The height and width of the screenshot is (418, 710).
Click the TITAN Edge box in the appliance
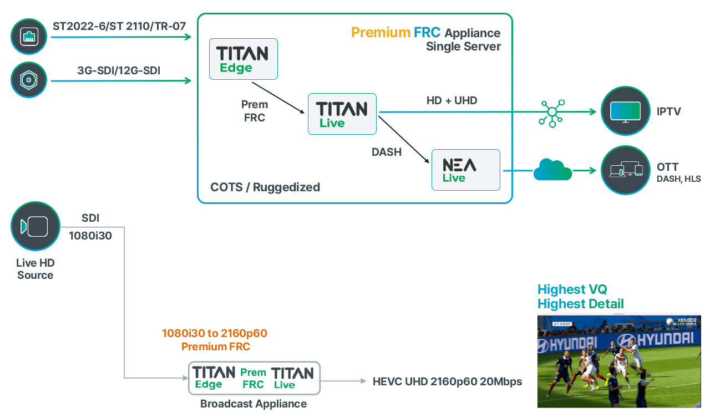point(243,59)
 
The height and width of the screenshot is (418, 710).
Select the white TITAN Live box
point(342,114)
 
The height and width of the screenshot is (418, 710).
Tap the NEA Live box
point(465,170)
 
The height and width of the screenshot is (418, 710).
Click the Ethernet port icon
point(29,37)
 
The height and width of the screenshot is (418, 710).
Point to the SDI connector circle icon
point(29,80)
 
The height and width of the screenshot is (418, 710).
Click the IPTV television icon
point(625,111)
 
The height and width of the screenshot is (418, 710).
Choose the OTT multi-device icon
point(625,170)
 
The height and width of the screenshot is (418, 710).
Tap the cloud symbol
point(552,170)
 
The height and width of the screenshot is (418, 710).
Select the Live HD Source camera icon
point(35,226)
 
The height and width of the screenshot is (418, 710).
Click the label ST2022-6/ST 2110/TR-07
point(119,26)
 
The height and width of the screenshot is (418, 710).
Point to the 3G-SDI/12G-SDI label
point(123,70)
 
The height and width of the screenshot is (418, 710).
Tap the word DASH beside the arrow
point(387,151)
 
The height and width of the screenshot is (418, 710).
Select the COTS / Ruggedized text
point(265,187)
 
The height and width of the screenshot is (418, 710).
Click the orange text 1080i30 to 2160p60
point(215,333)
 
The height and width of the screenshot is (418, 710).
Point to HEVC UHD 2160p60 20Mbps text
point(447,381)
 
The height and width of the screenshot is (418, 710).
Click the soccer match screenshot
point(618,360)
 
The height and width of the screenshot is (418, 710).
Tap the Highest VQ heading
point(572,289)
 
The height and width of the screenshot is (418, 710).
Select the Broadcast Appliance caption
point(253,404)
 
